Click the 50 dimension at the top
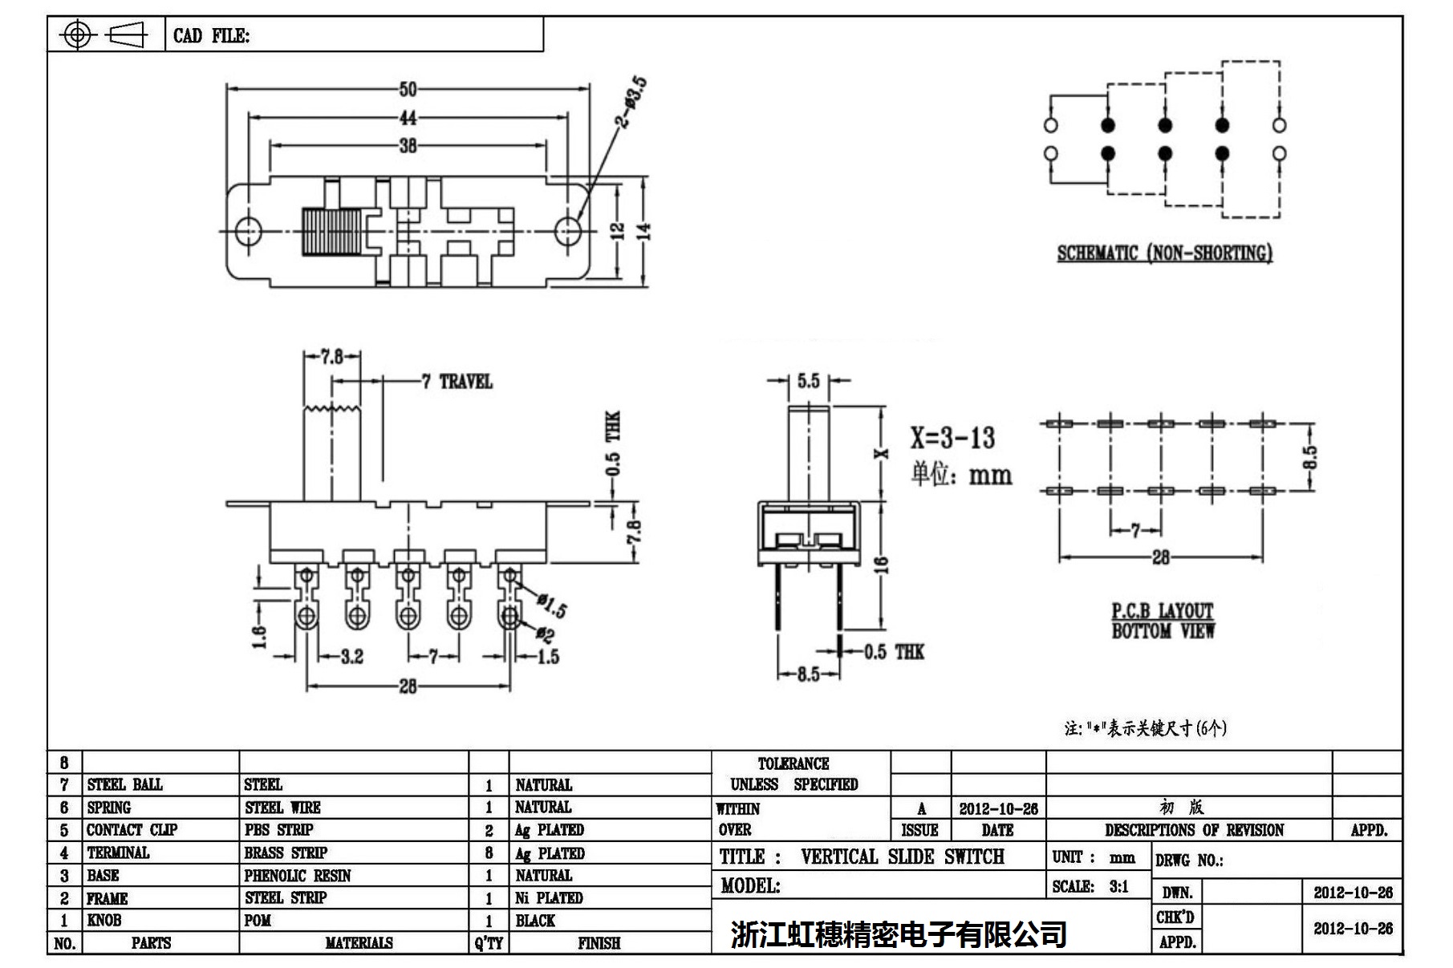point(408,89)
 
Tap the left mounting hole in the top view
point(249,231)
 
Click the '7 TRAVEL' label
point(457,382)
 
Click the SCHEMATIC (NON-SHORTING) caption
point(1164,253)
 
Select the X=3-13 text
point(952,438)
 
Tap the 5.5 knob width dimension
point(808,381)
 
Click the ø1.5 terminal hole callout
point(553,605)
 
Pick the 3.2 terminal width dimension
point(351,657)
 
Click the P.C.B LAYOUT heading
point(1163,611)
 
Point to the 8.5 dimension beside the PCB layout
point(1309,457)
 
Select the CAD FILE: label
point(211,36)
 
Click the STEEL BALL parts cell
point(124,784)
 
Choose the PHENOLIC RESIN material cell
point(298,876)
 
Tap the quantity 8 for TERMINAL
point(489,853)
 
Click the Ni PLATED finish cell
point(549,898)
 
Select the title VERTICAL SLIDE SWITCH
point(902,857)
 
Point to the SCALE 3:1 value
point(1118,886)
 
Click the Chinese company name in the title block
point(899,934)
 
